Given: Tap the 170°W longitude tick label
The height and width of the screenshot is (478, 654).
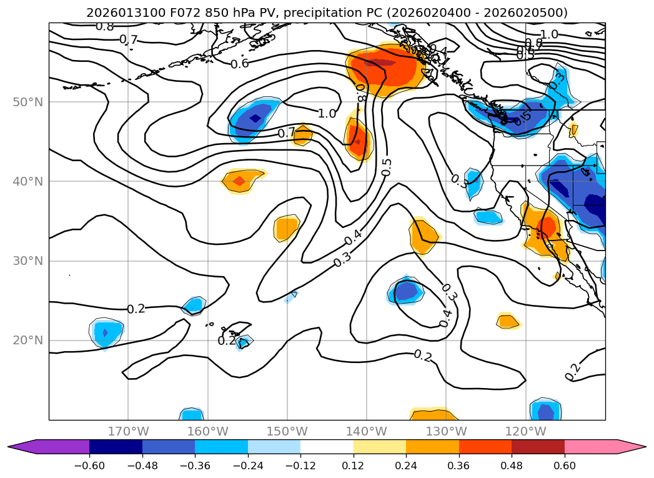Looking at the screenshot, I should (129, 431).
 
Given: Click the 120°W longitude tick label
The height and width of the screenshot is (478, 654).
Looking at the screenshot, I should (526, 431).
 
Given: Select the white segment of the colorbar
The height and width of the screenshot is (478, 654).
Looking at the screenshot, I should (327, 446).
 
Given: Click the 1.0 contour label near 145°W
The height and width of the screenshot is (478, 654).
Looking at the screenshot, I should (327, 114).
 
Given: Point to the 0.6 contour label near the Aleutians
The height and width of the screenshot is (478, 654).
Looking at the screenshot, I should (239, 64).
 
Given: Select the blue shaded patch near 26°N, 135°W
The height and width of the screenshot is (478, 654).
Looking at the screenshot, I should (406, 291).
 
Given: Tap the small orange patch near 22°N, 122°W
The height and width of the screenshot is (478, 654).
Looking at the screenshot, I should (507, 321).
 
